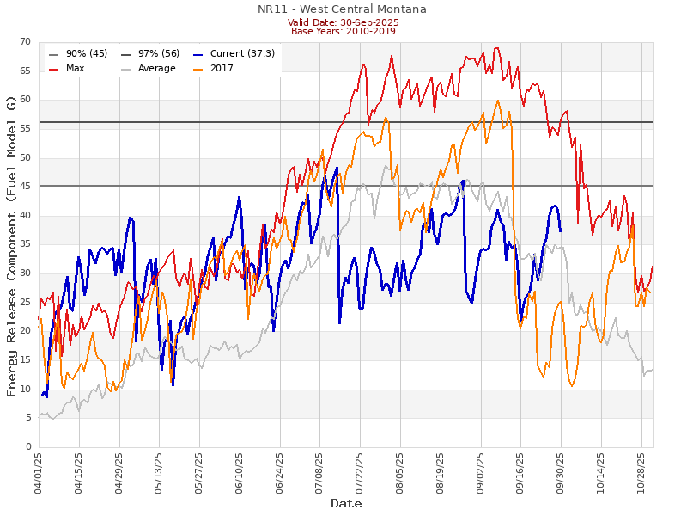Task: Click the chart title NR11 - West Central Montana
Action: [342, 9]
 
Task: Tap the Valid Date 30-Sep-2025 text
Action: [342, 21]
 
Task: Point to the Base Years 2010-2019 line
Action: [342, 31]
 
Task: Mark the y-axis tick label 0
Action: [27, 447]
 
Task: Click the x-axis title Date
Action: [346, 503]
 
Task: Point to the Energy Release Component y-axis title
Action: [11, 245]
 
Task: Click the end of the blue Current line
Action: [561, 231]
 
